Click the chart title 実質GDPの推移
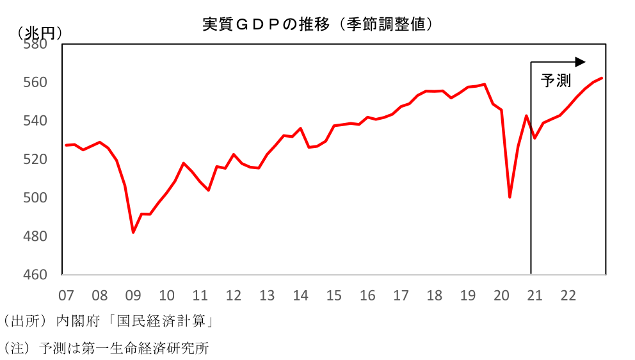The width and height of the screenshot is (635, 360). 318,24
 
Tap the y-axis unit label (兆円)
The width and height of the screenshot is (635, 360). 40,33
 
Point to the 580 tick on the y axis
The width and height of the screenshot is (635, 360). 35,45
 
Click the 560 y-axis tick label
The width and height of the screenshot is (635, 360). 35,83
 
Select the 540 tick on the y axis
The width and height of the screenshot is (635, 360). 35,121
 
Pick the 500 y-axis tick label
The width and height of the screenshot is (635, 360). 35,198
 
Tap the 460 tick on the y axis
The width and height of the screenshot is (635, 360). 35,275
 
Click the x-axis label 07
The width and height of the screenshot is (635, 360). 66,296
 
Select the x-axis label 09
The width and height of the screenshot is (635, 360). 133,296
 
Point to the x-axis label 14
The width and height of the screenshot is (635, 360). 300,296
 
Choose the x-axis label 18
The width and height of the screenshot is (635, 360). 434,296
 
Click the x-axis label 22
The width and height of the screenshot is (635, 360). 568,296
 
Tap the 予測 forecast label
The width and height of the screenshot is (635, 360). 555,81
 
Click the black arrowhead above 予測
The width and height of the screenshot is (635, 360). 580,62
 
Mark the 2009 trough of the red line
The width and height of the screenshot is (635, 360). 133,232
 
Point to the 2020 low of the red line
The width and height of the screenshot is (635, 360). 510,197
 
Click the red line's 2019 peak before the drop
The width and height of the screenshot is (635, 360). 485,84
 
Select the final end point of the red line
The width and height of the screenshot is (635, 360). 602,78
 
